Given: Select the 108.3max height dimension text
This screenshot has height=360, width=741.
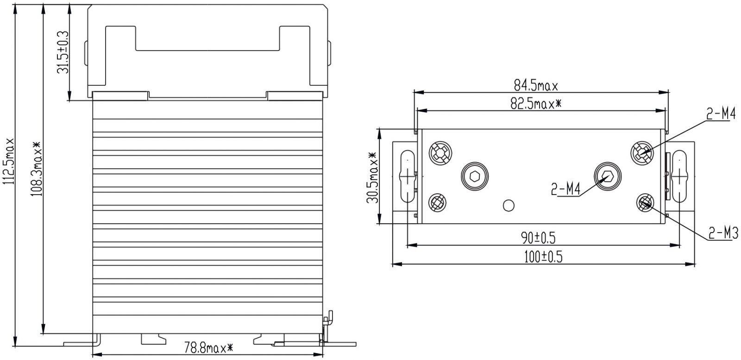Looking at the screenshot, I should pos(37,169).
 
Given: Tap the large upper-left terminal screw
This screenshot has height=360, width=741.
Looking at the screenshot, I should pos(440,153).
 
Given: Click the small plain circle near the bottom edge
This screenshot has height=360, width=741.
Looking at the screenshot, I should pos(509,205).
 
